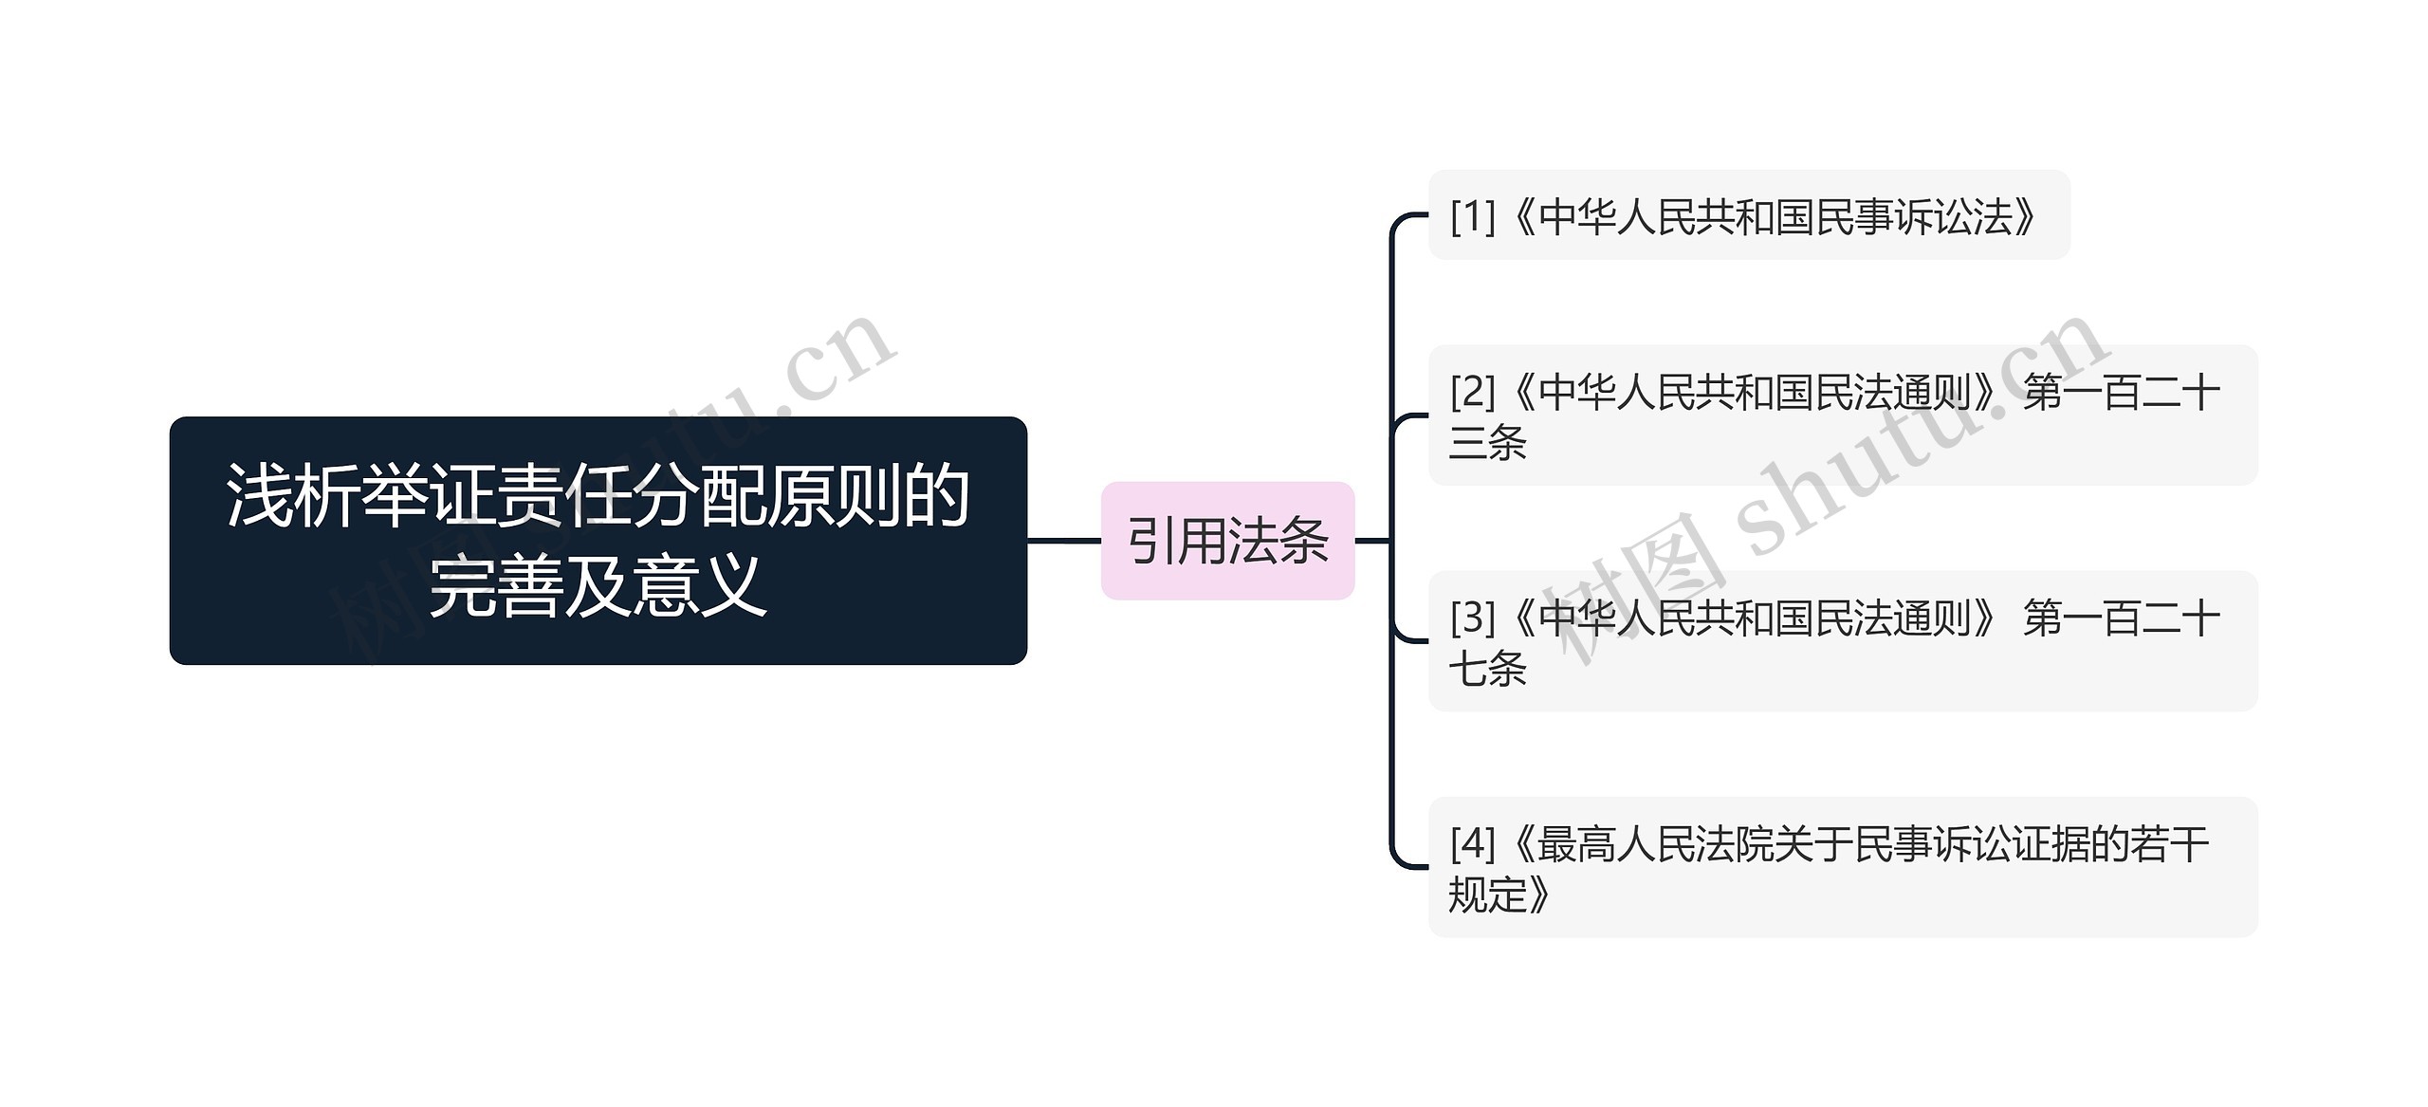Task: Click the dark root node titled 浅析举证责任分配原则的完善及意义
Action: point(598,540)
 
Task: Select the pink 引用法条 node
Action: point(1227,541)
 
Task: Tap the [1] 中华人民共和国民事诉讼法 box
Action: point(1748,215)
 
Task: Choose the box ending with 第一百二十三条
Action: point(1842,415)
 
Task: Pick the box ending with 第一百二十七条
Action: point(1842,641)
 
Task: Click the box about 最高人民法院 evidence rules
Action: point(1842,867)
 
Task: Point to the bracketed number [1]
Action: point(1472,216)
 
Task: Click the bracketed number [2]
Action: point(1472,391)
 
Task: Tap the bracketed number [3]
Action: point(1472,618)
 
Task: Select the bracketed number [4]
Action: point(1472,842)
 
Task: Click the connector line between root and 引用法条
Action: point(1063,541)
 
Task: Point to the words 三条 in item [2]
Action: point(1487,442)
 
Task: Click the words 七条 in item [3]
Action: point(1487,668)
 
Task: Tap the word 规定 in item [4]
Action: point(1487,894)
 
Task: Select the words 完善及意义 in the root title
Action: point(598,585)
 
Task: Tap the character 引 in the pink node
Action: point(1151,542)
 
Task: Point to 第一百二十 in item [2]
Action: point(2121,392)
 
